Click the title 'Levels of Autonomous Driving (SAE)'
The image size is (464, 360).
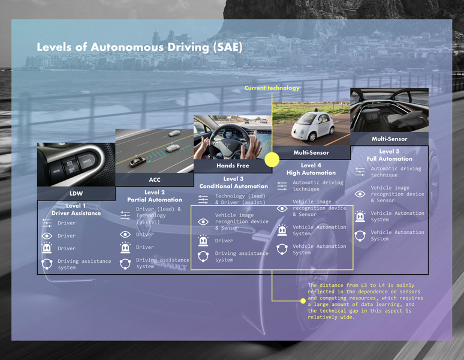pos(140,47)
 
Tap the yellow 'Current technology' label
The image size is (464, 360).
pos(272,88)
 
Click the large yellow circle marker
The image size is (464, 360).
pos(272,160)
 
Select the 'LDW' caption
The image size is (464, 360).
pos(76,193)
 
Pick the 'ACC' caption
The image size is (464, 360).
pos(154,179)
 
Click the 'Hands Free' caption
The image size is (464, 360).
pos(233,166)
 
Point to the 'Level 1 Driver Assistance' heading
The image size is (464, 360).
pos(76,209)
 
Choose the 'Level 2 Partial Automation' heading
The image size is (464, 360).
pos(154,196)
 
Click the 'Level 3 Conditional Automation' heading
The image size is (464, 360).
pos(233,182)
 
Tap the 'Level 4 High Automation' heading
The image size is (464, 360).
pos(311,169)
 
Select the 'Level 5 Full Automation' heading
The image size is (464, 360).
pos(389,155)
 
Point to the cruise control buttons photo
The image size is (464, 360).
pos(76,164)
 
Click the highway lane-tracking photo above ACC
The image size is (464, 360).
pos(154,151)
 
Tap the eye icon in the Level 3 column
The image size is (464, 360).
pos(203,221)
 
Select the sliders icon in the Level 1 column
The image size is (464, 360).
pos(47,223)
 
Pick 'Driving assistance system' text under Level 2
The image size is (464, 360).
pos(162,263)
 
